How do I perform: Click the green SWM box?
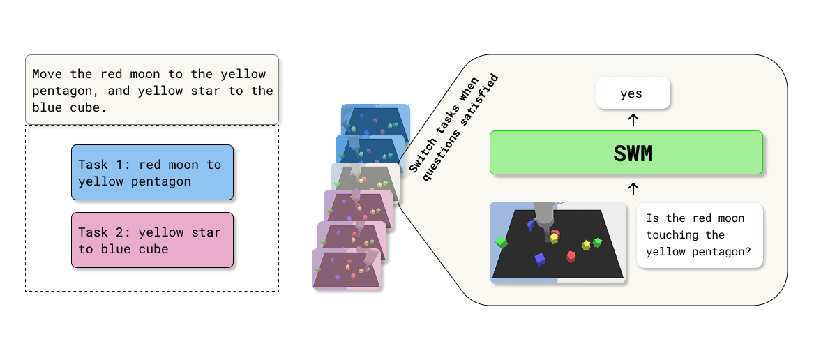pyautogui.click(x=626, y=152)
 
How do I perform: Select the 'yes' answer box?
pyautogui.click(x=633, y=93)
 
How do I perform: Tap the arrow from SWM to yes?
pyautogui.click(x=633, y=120)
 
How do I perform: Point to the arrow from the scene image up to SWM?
pyautogui.click(x=633, y=188)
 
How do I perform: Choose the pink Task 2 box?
pyautogui.click(x=152, y=240)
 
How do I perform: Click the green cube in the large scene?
pyautogui.click(x=500, y=243)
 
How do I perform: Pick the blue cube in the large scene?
pyautogui.click(x=539, y=260)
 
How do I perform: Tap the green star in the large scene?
pyautogui.click(x=597, y=242)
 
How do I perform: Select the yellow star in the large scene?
pyautogui.click(x=586, y=245)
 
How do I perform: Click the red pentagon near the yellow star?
pyautogui.click(x=571, y=256)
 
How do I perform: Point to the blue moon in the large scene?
pyautogui.click(x=531, y=225)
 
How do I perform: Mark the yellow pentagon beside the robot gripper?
pyautogui.click(x=554, y=239)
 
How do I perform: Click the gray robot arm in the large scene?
pyautogui.click(x=543, y=213)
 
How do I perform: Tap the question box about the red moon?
pyautogui.click(x=699, y=236)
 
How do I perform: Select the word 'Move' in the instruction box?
pyautogui.click(x=46, y=74)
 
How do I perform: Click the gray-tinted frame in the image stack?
pyautogui.click(x=365, y=183)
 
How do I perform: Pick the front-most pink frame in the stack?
pyautogui.click(x=346, y=269)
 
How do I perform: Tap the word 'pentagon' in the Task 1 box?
pyautogui.click(x=162, y=181)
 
